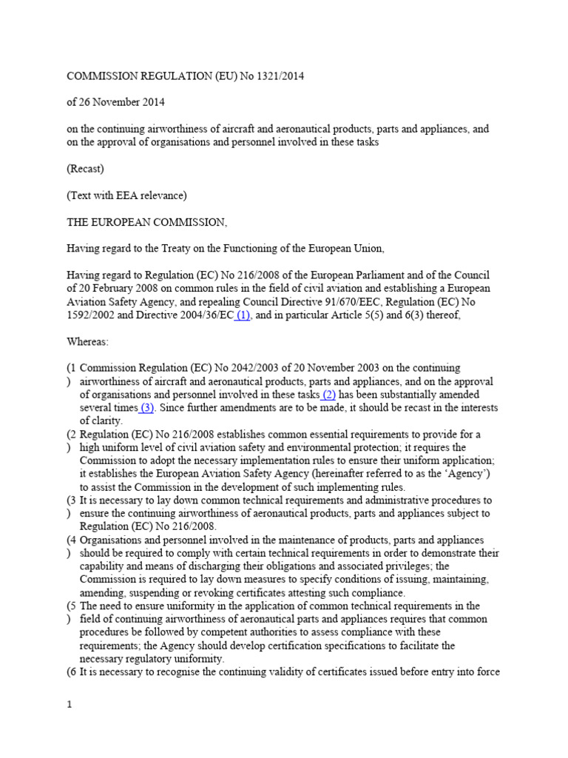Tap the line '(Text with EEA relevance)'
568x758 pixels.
click(126, 195)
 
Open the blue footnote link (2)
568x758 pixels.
click(329, 395)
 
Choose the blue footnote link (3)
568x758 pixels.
click(146, 408)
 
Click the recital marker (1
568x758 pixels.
click(72, 368)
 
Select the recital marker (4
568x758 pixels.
click(72, 540)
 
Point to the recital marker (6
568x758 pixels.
click(72, 672)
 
